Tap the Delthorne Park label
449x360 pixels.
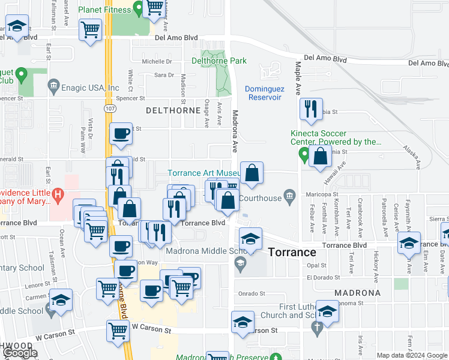pos(219,61)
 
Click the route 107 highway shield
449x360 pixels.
pos(110,110)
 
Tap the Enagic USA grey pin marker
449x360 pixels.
pos(54,87)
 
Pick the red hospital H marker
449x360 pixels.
pos(58,194)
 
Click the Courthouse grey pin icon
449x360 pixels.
pos(290,195)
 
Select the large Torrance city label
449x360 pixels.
pos(292,252)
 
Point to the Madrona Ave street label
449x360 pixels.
pos(235,131)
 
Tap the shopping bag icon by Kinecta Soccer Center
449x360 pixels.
pos(321,157)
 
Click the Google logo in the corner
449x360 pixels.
pos(20,353)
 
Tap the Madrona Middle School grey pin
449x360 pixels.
pos(240,262)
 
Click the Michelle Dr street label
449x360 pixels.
pos(157,62)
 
